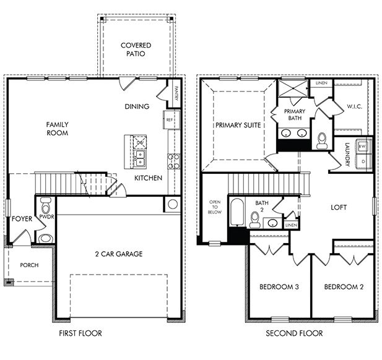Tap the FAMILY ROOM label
57,129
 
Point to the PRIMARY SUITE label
238,125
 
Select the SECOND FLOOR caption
294,333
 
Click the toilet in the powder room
45,237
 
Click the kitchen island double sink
141,160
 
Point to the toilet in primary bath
321,140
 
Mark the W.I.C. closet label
354,106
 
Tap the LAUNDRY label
347,155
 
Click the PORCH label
29,265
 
